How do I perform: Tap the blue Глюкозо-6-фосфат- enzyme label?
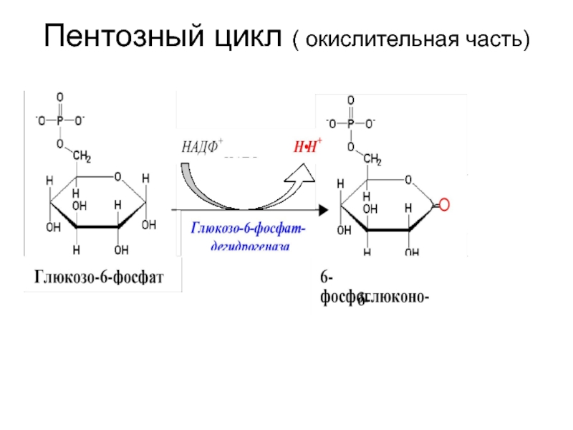pos(248,228)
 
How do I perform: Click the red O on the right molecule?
pos(443,206)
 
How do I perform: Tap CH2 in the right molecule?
pos(372,159)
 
